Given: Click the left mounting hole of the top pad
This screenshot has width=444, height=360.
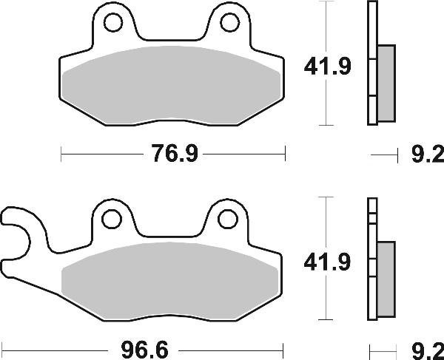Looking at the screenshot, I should (x=113, y=24).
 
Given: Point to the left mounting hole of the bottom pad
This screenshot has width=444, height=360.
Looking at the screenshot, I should (x=112, y=220).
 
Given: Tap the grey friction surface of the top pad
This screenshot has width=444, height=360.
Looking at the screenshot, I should (x=172, y=84).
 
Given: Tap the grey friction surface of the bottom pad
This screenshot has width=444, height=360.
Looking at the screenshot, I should (x=172, y=279).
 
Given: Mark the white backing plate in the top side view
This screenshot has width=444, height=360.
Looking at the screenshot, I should (x=371, y=63).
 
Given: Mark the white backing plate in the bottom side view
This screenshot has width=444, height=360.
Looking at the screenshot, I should (x=371, y=259).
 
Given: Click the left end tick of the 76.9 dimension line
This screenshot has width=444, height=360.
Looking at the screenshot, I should (x=61, y=154).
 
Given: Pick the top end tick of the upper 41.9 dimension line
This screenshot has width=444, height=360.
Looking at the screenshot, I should (x=326, y=3).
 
